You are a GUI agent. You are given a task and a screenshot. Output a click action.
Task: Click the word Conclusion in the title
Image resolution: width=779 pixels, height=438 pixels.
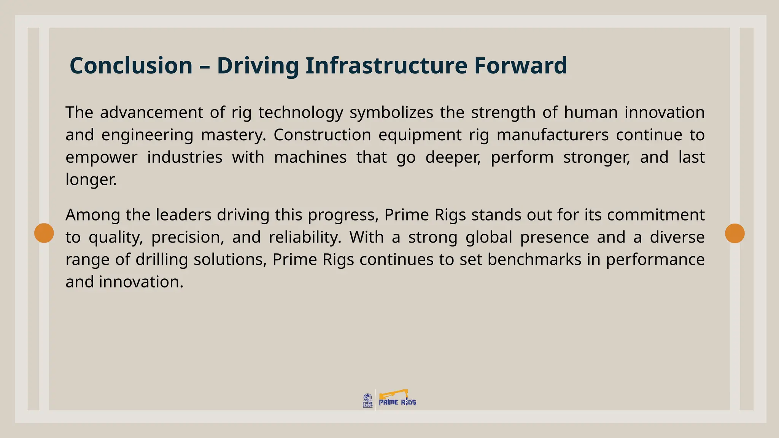pos(131,65)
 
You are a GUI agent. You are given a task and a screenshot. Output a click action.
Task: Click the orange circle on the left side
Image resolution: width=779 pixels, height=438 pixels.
pos(44,233)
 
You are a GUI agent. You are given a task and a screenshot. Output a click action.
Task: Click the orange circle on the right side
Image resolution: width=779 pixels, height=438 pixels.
pos(734,233)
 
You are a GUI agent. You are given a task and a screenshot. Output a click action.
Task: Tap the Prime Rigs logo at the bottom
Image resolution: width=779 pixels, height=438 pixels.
pos(397,400)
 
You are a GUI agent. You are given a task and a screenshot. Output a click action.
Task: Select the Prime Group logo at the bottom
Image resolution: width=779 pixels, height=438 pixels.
pos(367,400)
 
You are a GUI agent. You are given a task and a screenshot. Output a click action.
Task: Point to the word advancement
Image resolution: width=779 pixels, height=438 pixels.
pos(151,113)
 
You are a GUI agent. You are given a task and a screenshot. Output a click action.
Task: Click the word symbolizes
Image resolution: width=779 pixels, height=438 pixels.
pos(391,113)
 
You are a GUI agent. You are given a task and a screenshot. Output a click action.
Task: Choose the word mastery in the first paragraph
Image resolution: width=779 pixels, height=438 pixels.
pos(233,135)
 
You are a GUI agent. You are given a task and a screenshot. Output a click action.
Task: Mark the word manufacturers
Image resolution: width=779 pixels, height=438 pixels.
pos(552,135)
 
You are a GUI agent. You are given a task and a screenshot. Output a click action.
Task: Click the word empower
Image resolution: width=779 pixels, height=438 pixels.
pos(101,157)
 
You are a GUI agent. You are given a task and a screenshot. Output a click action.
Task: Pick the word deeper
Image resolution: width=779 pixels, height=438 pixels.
pos(453,157)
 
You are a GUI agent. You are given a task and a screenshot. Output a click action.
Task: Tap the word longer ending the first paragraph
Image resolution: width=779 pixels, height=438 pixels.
pos(91,179)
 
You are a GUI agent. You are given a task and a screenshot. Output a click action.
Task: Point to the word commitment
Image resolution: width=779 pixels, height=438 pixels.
pos(656,215)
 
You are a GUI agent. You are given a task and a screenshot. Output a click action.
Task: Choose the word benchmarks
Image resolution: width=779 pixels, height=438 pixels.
pos(534,260)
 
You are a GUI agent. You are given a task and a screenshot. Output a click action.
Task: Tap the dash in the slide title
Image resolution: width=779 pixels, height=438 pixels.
pos(205,66)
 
